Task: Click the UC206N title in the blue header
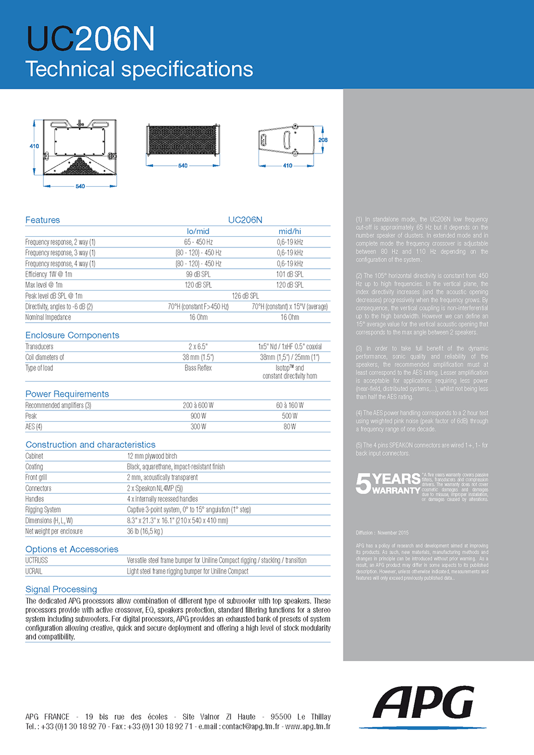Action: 90,39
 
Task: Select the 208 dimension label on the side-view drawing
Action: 323,140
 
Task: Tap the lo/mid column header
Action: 198,231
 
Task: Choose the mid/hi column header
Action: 289,231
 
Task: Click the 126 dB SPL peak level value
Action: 245,296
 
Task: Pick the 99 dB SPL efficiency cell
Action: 198,274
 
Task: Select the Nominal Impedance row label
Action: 48,317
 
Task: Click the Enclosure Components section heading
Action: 72,335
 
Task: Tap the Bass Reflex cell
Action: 198,368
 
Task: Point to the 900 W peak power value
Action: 198,416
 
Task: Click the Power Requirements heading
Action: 67,394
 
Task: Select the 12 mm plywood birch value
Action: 152,456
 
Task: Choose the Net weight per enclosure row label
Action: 54,531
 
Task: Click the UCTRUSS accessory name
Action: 37,560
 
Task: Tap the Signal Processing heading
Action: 61,589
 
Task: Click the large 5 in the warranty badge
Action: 363,483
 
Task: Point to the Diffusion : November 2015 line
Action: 382,532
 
